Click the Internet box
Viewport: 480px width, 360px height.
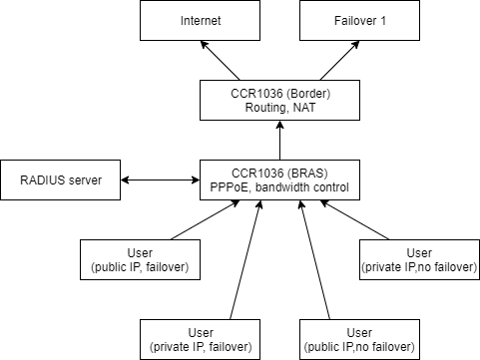click(x=200, y=20)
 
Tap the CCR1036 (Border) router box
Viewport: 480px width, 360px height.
click(x=279, y=100)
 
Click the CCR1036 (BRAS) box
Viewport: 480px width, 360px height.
click(x=279, y=180)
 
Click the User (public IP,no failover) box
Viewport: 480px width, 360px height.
click(x=359, y=339)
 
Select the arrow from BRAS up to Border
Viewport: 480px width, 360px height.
click(x=279, y=140)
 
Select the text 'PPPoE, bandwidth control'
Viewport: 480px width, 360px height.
click(x=279, y=187)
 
